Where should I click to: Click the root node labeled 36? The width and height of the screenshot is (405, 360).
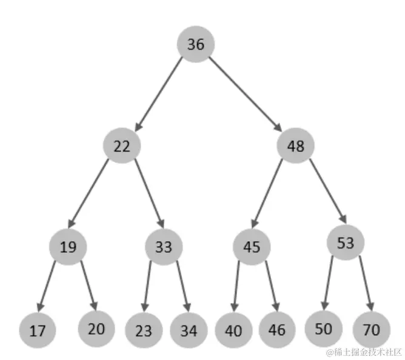195,45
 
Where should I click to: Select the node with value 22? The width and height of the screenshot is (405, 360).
122,146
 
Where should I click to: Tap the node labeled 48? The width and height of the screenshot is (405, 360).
295,146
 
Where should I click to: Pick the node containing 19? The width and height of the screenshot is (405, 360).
69,247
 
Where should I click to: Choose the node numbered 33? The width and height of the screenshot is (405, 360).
164,247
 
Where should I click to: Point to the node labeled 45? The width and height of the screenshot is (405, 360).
251,247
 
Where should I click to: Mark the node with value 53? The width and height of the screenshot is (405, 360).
345,243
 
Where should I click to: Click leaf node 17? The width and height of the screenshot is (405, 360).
38,331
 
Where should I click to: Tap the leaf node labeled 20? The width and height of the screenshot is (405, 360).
96,328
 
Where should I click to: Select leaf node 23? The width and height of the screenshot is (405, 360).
144,332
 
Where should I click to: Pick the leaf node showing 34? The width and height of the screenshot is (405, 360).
189,331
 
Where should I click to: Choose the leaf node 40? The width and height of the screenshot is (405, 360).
233,331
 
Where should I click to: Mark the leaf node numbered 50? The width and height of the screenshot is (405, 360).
323,328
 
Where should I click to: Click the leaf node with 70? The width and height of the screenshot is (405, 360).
371,330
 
